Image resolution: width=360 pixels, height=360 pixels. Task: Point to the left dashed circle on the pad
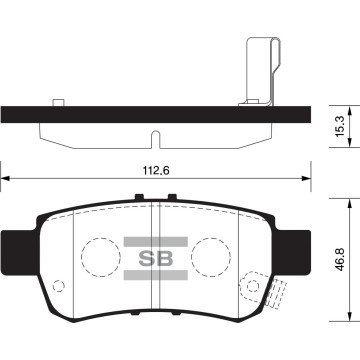[x=99, y=259]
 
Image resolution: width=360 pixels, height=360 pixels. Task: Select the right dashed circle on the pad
[x=209, y=259]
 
